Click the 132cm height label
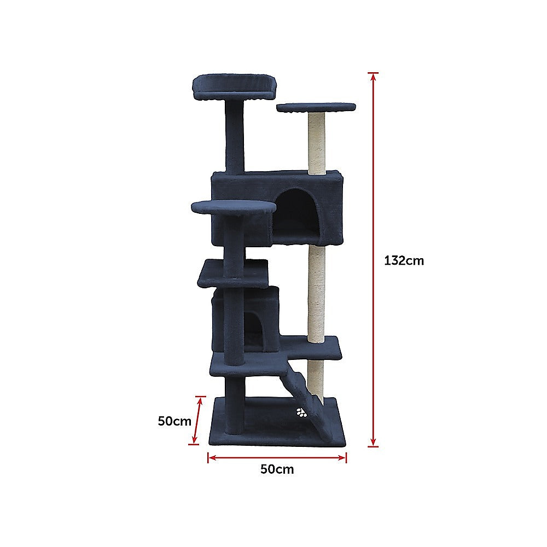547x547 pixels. (404, 261)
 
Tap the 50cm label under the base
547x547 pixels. (277, 469)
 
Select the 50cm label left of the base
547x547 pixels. (174, 421)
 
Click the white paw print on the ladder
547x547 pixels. (301, 413)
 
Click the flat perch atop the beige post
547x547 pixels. (316, 107)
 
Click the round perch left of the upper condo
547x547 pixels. (234, 207)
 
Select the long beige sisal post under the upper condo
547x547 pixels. (316, 293)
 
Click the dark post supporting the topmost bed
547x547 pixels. (235, 137)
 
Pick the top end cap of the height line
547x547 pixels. (373, 73)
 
